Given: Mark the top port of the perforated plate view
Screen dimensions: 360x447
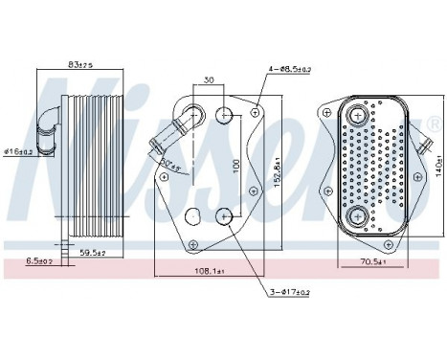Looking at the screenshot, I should coord(358,116).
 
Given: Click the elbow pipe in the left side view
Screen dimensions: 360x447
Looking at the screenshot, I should coord(49,120).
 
